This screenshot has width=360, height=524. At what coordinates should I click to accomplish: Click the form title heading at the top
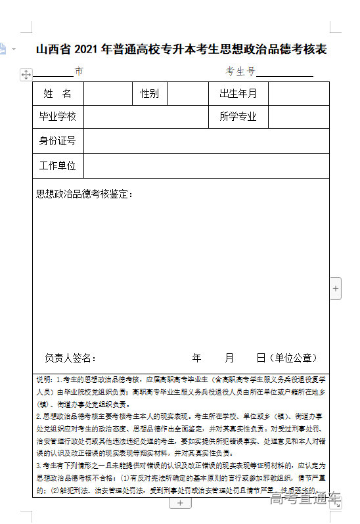[181, 49]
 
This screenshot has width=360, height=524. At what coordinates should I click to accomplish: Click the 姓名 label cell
[58, 93]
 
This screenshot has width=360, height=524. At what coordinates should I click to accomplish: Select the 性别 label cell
[150, 93]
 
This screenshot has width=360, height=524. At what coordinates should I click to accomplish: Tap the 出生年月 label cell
[238, 93]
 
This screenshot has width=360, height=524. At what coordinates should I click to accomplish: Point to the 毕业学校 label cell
[58, 117]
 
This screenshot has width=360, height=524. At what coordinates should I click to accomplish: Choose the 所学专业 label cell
[238, 117]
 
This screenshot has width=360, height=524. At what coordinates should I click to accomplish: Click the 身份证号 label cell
[58, 141]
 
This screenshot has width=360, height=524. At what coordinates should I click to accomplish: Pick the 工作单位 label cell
[58, 165]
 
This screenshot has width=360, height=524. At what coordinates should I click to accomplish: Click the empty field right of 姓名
[108, 93]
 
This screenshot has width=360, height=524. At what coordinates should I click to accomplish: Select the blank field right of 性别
[188, 93]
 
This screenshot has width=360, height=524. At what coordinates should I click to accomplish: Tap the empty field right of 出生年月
[298, 93]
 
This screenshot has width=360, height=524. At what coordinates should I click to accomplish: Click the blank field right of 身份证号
[206, 141]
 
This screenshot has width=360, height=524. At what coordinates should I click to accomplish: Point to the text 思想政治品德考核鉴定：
[85, 194]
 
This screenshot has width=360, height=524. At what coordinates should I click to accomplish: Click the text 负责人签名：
[71, 358]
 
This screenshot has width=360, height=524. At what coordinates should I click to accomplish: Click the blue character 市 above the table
[79, 72]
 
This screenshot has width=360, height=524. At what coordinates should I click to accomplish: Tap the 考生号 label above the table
[240, 72]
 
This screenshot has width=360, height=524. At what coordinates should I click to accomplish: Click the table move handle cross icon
[26, 75]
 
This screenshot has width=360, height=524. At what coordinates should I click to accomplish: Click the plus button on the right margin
[336, 288]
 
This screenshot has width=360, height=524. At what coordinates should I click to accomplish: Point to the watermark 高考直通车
[305, 500]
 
